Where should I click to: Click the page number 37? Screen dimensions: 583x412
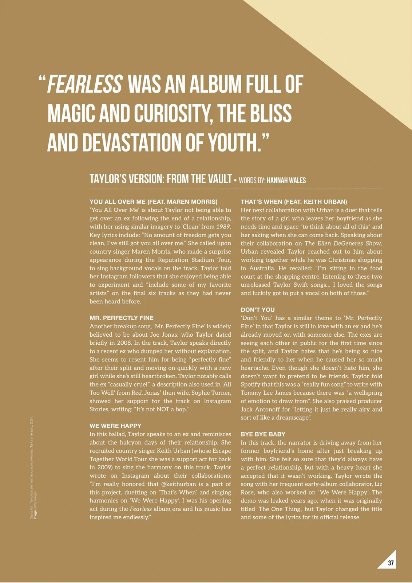(391, 563)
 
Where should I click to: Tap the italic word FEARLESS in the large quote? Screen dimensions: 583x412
(85, 85)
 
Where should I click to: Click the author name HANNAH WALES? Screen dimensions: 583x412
(286, 180)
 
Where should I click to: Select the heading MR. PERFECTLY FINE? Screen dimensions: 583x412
(122, 318)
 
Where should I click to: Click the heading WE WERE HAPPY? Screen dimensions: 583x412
(115, 426)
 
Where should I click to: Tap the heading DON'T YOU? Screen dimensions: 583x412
(258, 310)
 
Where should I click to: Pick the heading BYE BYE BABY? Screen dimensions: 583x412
(263, 434)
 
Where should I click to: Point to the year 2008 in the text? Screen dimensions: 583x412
(124, 343)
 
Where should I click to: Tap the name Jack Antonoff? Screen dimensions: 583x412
(261, 410)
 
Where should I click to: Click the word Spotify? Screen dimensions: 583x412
(252, 384)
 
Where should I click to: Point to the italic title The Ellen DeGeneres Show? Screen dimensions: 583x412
(343, 243)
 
